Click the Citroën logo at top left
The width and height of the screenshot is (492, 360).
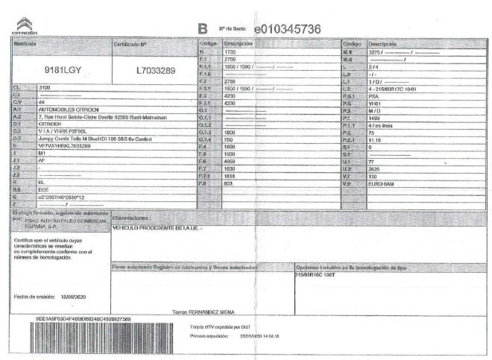click(x=25, y=28)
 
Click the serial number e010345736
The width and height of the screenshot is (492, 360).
click(x=287, y=29)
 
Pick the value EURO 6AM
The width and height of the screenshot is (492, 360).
click(x=382, y=183)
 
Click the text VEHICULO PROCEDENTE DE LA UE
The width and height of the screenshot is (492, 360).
click(x=157, y=227)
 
